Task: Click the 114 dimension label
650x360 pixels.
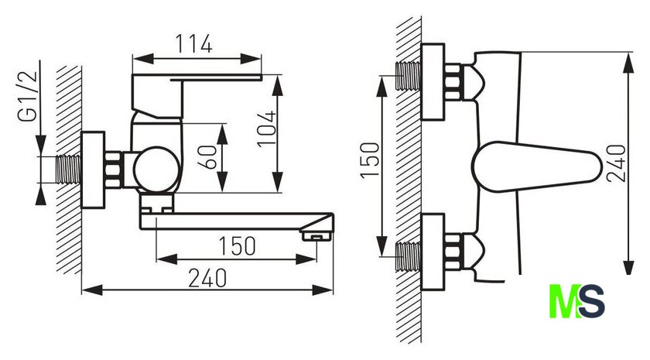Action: (194, 44)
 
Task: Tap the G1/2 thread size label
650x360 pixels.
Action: (28, 96)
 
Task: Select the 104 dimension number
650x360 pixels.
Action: (266, 129)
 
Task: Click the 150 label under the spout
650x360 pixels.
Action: (237, 246)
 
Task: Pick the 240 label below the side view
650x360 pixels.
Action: (207, 278)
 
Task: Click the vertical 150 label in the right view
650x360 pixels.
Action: (370, 160)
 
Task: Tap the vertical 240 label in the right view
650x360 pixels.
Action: (616, 163)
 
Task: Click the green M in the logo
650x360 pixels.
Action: (563, 301)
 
